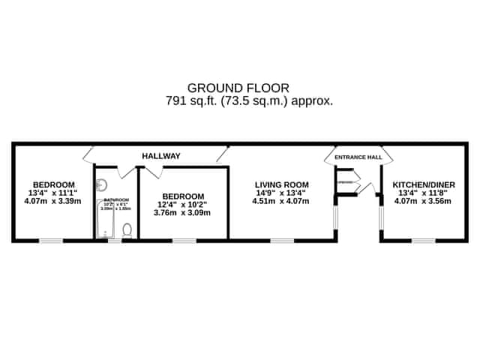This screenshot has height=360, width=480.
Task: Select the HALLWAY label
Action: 161,156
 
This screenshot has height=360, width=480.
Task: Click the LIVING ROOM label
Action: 281,184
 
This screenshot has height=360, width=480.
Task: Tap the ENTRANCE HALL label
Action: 358,157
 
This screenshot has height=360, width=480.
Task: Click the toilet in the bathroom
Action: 127,229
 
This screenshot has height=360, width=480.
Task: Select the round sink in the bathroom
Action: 103,184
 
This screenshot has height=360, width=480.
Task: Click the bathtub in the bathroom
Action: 105,221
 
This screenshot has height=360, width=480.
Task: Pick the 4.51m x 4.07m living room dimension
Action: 281,201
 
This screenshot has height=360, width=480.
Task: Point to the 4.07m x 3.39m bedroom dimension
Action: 52,201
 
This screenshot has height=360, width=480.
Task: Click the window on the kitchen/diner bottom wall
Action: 424,241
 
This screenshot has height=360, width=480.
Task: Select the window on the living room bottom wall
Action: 282,241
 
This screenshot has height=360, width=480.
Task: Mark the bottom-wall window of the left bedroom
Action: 51,241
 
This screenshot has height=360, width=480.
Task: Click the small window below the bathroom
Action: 114,241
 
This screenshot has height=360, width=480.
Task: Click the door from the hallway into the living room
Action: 222,154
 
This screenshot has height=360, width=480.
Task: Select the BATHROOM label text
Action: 111,199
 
